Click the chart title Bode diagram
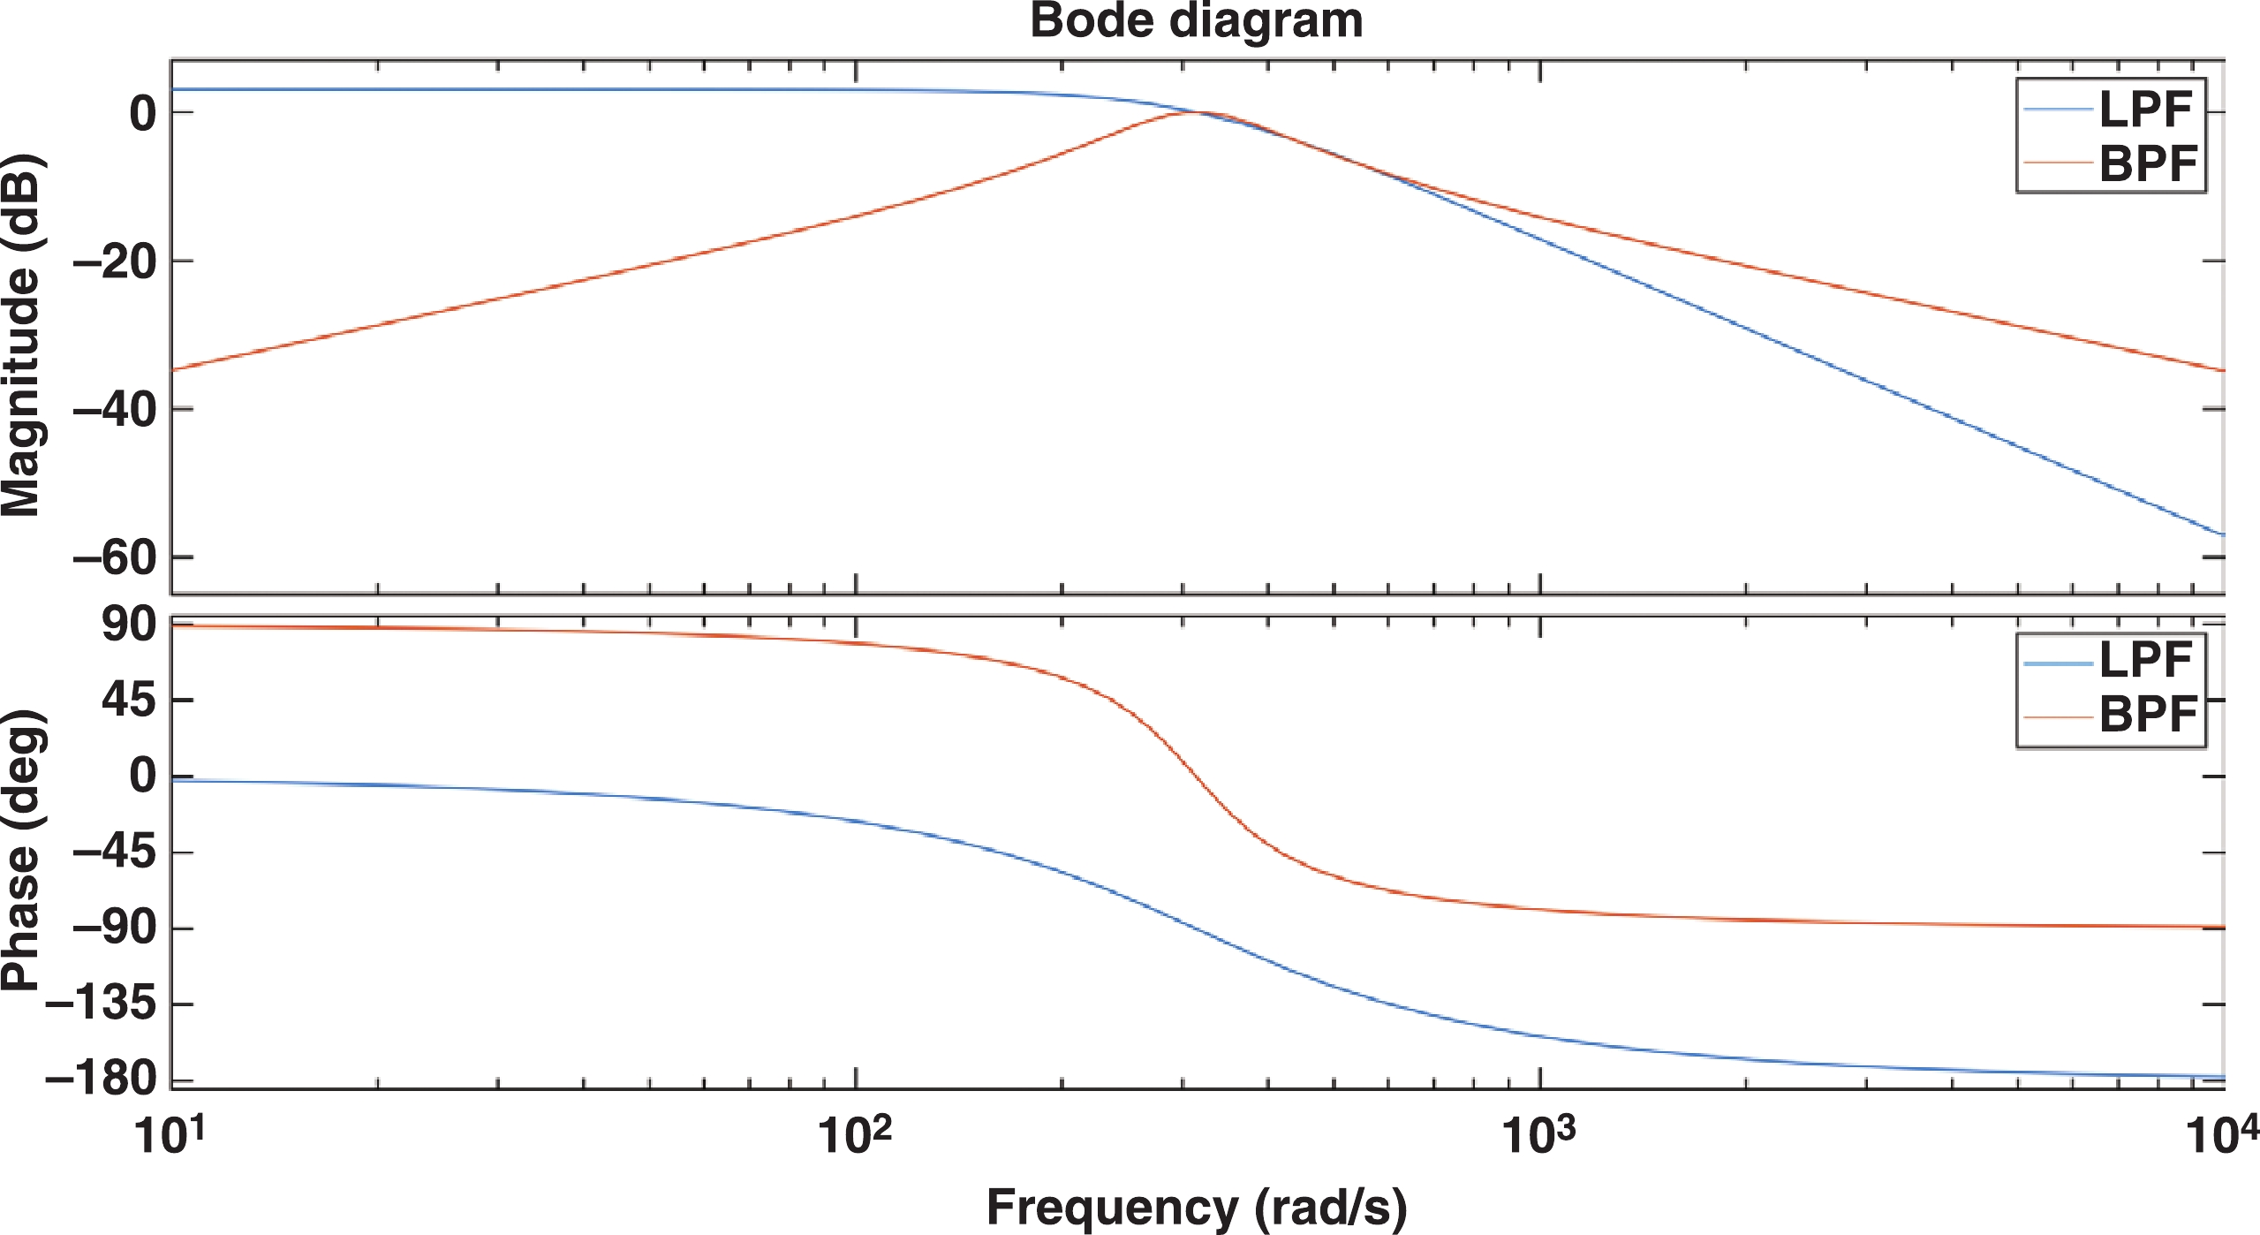[1197, 21]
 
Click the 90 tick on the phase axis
[129, 625]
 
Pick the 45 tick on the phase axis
[129, 701]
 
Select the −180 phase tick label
[101, 1080]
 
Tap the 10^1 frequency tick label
[170, 1134]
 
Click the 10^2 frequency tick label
[854, 1134]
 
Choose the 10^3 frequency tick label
[1538, 1134]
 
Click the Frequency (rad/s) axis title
[1197, 1207]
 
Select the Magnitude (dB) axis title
[21, 336]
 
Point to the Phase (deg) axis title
[21, 850]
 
